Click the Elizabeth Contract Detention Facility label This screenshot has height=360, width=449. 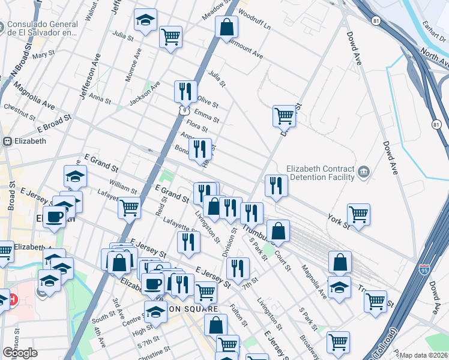(321, 173)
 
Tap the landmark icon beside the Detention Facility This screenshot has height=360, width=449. (364, 173)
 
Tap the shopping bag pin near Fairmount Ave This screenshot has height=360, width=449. (227, 28)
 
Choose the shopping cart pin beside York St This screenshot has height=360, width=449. (358, 214)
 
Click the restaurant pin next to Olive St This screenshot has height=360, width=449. (185, 91)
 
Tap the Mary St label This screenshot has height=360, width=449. (44, 56)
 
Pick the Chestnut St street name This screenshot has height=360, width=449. (20, 109)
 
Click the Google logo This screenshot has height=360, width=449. (20, 353)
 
